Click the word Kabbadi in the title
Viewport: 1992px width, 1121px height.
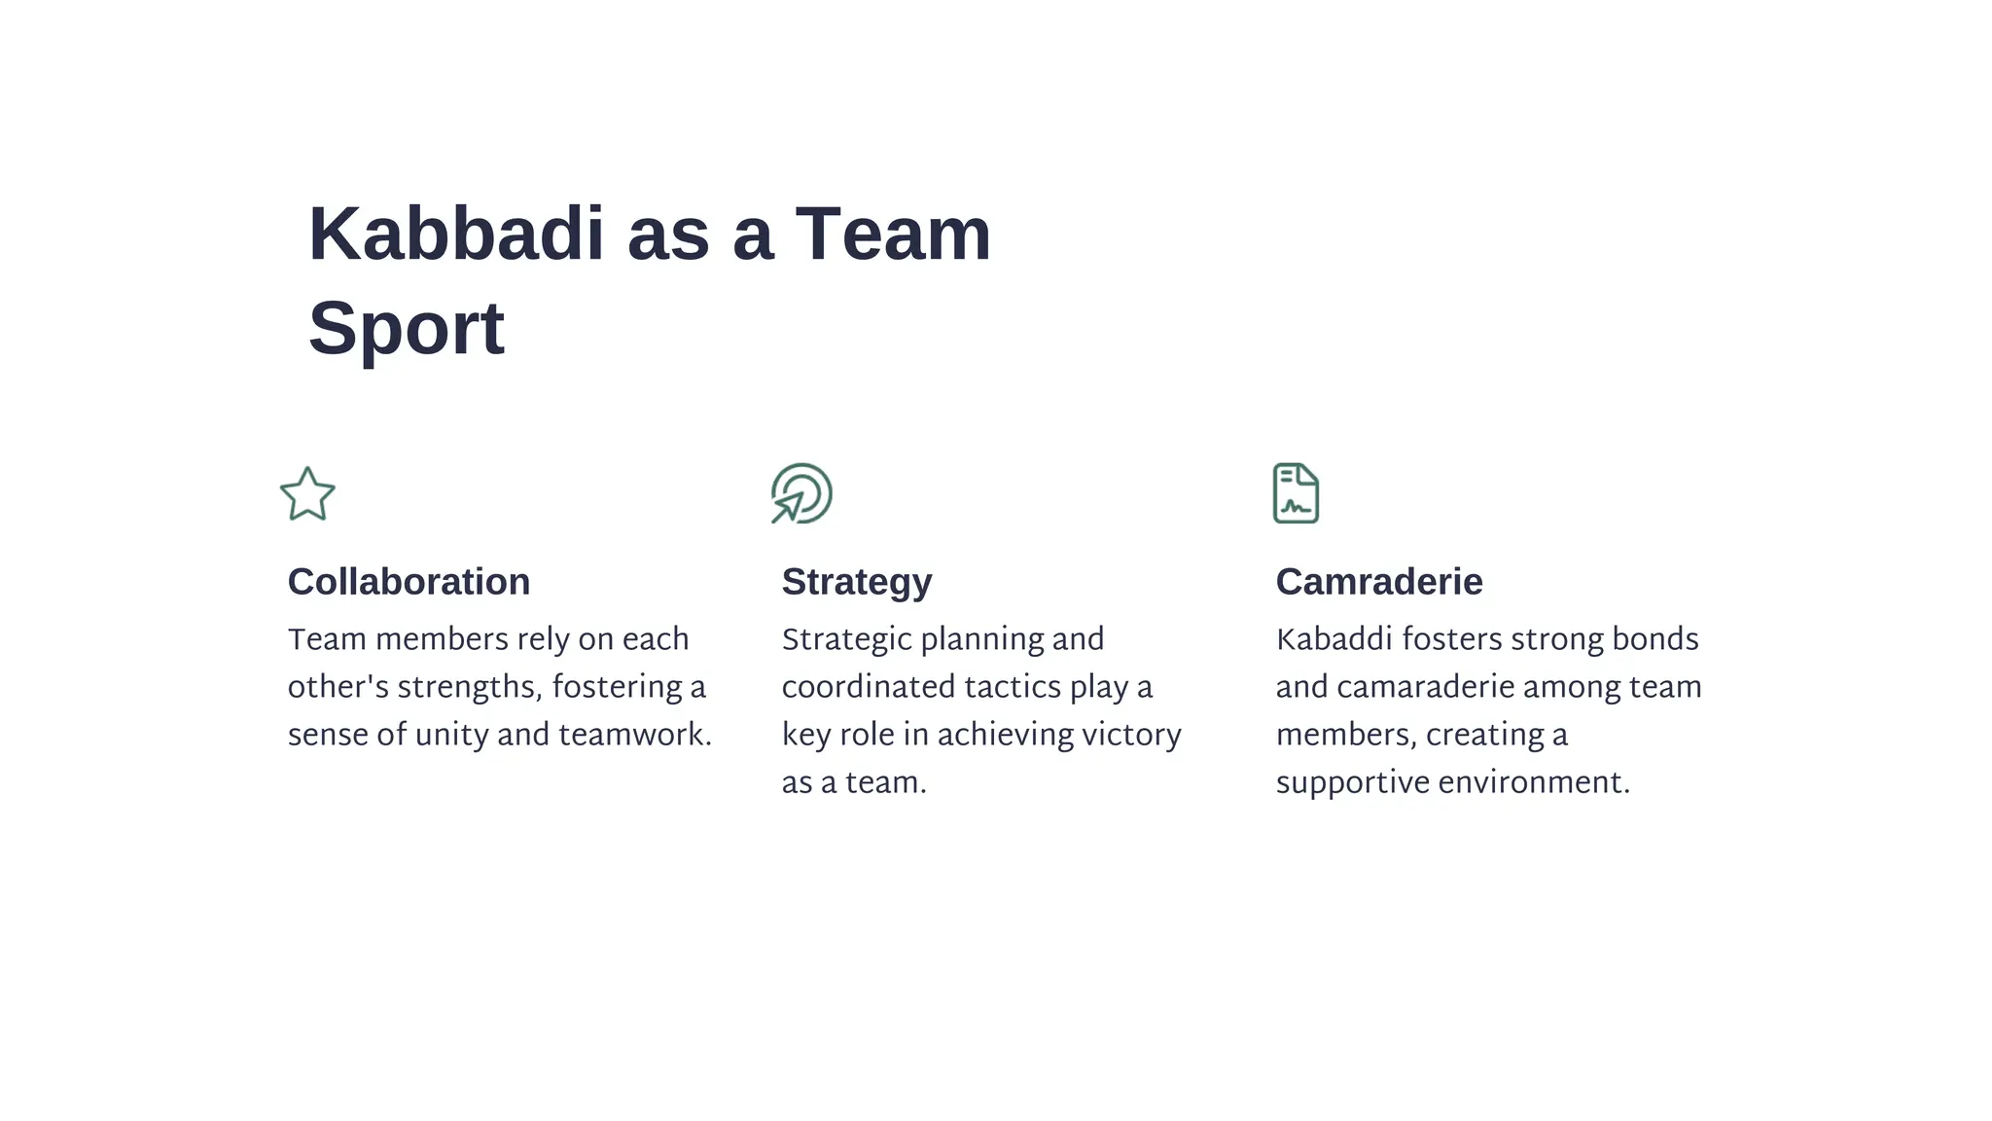click(456, 235)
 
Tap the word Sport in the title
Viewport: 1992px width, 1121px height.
click(407, 329)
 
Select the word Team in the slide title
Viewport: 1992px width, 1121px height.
click(893, 235)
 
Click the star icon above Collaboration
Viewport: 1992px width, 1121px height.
click(307, 494)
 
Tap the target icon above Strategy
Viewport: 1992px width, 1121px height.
click(801, 493)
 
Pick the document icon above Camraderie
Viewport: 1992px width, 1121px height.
click(1296, 493)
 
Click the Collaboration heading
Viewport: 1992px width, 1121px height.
click(409, 582)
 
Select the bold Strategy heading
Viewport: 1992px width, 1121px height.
click(856, 582)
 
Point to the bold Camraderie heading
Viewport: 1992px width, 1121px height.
click(1378, 582)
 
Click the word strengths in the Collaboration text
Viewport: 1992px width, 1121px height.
click(469, 687)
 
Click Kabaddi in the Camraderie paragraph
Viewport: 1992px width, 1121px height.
click(1334, 639)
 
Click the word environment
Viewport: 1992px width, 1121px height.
click(1534, 782)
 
